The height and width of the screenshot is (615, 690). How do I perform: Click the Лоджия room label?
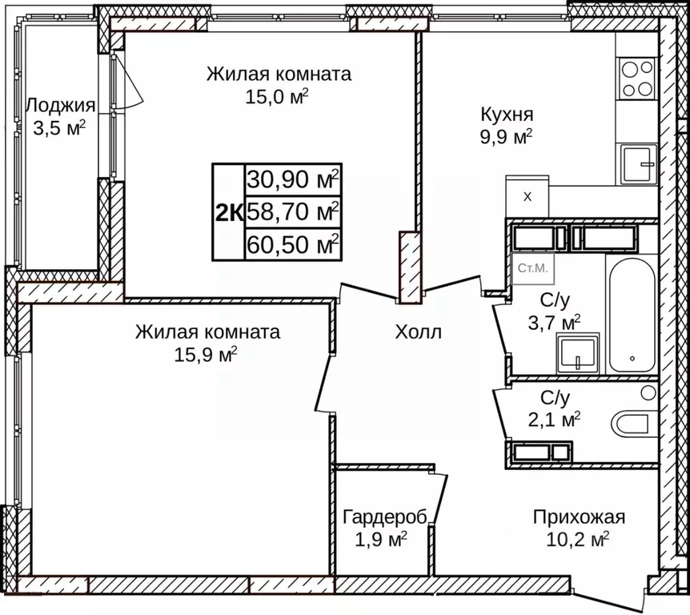(x=61, y=106)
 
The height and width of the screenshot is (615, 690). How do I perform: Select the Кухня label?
(x=507, y=114)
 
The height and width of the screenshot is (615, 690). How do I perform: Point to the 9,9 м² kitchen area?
(x=507, y=137)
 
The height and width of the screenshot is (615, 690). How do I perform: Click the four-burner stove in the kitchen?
(x=636, y=78)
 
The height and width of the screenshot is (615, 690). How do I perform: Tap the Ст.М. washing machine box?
(x=533, y=269)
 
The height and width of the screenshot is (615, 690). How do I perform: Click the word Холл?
(x=417, y=332)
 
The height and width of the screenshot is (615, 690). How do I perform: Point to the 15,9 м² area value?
(x=207, y=355)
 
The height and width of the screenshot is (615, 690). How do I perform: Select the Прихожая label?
(x=579, y=517)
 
